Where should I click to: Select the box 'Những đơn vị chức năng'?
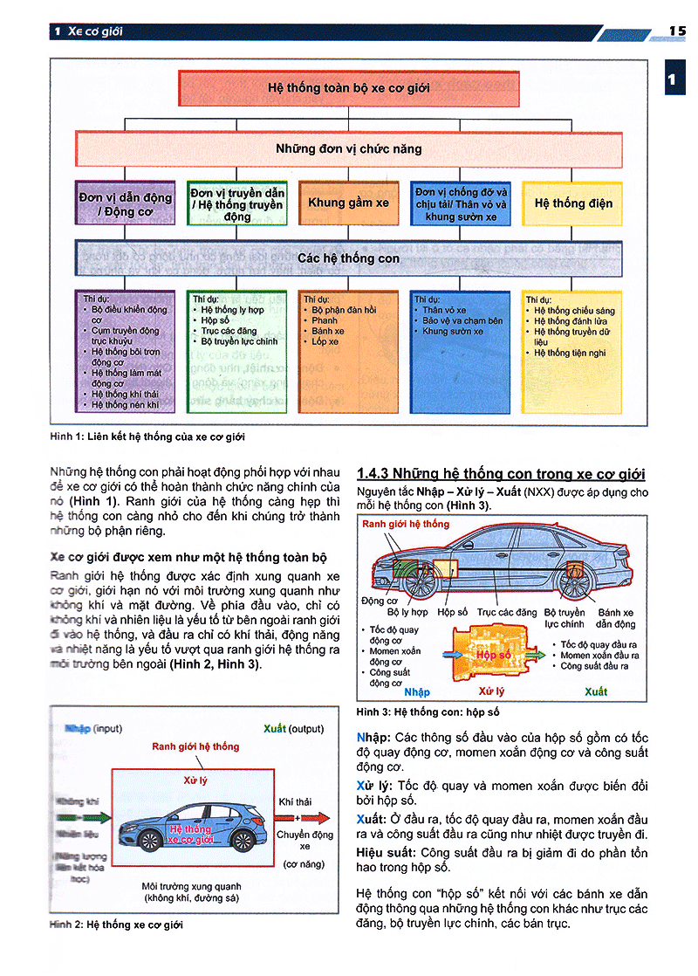pos(348,149)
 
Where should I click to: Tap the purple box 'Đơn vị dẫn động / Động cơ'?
pos(126,203)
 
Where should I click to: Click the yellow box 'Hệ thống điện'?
pos(572,203)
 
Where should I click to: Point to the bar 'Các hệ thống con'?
pos(348,258)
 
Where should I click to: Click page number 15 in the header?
pos(677,31)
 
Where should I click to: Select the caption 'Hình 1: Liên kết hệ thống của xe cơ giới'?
pos(154,436)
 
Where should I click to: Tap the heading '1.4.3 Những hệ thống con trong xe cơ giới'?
pos(501,474)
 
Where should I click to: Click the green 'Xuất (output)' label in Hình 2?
pos(293,728)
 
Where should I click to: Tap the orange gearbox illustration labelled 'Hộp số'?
pos(490,654)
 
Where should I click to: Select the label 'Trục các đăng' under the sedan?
pos(506,613)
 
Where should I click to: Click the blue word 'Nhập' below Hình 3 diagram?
pos(417,691)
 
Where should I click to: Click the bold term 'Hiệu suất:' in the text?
pos(387,852)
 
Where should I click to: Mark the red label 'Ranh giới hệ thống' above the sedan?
pos(405,524)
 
